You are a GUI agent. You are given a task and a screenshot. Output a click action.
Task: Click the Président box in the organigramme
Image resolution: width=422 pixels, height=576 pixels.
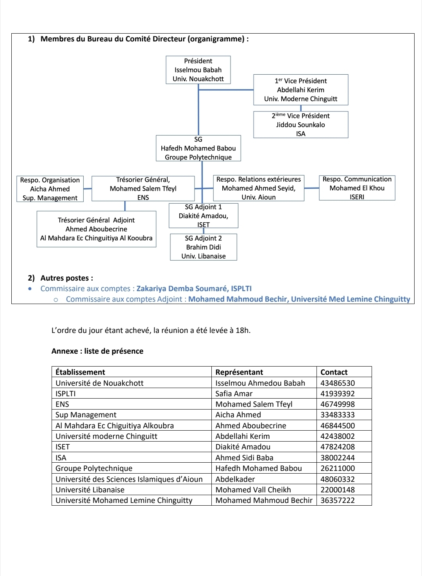pyautogui.click(x=198, y=70)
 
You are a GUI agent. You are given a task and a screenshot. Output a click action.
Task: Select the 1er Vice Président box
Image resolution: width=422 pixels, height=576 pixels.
pyautogui.click(x=300, y=90)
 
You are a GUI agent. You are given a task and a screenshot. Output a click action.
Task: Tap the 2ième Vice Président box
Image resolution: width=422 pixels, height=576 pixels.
pyautogui.click(x=300, y=125)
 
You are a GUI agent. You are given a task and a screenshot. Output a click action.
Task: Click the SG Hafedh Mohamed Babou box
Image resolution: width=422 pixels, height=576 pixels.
pyautogui.click(x=198, y=148)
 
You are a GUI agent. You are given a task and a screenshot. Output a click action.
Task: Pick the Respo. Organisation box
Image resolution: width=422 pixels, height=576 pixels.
pyautogui.click(x=50, y=189)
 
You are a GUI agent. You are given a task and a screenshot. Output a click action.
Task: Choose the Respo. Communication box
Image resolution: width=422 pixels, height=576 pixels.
pyautogui.click(x=357, y=188)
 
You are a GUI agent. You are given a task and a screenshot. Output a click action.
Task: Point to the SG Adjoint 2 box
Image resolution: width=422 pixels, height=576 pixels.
pyautogui.click(x=204, y=247)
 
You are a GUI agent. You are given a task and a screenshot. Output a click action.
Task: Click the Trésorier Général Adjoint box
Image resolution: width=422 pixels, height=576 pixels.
pyautogui.click(x=96, y=229)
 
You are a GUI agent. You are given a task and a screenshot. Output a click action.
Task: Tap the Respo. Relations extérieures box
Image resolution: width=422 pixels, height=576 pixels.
pyautogui.click(x=258, y=188)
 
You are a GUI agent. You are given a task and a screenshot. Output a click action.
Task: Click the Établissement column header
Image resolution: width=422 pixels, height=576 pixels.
pyautogui.click(x=80, y=372)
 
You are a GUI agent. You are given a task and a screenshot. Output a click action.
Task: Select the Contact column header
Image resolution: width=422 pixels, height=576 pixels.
pyautogui.click(x=334, y=372)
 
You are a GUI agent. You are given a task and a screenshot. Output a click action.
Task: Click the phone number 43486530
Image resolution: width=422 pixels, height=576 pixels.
pyautogui.click(x=338, y=383)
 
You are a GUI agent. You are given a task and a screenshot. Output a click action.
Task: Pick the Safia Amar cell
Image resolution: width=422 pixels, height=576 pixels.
pyautogui.click(x=234, y=394)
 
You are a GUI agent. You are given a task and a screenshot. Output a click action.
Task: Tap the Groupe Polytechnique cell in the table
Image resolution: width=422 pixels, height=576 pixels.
pyautogui.click(x=94, y=468)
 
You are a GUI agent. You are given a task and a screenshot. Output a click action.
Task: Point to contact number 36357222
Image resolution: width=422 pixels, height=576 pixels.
pyautogui.click(x=338, y=500)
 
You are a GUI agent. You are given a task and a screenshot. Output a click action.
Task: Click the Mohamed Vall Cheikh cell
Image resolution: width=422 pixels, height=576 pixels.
pyautogui.click(x=253, y=490)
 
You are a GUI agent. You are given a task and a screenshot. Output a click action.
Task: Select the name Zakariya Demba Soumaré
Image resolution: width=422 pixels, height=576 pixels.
pyautogui.click(x=182, y=288)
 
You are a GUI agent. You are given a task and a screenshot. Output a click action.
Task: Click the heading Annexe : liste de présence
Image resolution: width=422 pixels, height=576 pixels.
pyautogui.click(x=97, y=351)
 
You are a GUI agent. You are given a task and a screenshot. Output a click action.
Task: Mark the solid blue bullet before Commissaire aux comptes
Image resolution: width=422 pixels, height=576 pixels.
pyautogui.click(x=30, y=289)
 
